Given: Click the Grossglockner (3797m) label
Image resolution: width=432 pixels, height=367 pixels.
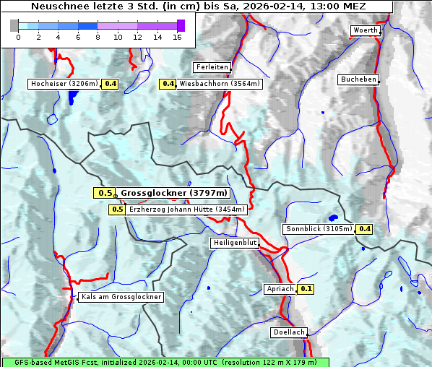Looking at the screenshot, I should (173, 193).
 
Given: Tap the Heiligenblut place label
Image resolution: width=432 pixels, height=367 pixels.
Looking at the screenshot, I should (235, 243).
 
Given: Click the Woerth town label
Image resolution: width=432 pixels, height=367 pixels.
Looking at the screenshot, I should (364, 30).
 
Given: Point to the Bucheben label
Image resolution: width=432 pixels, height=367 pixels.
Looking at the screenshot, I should (358, 79).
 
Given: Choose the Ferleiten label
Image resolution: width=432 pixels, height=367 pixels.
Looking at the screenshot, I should (212, 67).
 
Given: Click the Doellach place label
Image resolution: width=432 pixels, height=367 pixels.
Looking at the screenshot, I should (289, 333).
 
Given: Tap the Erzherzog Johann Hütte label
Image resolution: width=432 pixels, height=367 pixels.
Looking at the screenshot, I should (187, 210).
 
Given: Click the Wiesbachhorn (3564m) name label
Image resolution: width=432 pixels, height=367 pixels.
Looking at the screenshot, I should (220, 84).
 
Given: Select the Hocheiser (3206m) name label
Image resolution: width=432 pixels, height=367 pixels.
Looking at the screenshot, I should (64, 84).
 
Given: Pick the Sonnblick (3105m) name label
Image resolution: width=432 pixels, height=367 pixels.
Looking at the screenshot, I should (319, 229).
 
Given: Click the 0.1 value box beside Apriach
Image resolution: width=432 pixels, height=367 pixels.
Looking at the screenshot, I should (306, 289).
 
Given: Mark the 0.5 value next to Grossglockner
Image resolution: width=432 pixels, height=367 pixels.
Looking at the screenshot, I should (105, 193).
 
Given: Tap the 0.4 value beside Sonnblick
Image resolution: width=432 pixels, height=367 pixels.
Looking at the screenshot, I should (365, 229).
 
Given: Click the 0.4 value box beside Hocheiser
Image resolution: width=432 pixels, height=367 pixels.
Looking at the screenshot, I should (111, 84).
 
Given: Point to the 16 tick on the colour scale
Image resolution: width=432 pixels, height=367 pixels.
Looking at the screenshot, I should (177, 37).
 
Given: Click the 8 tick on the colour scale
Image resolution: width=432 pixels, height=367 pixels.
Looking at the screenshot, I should (98, 37).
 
